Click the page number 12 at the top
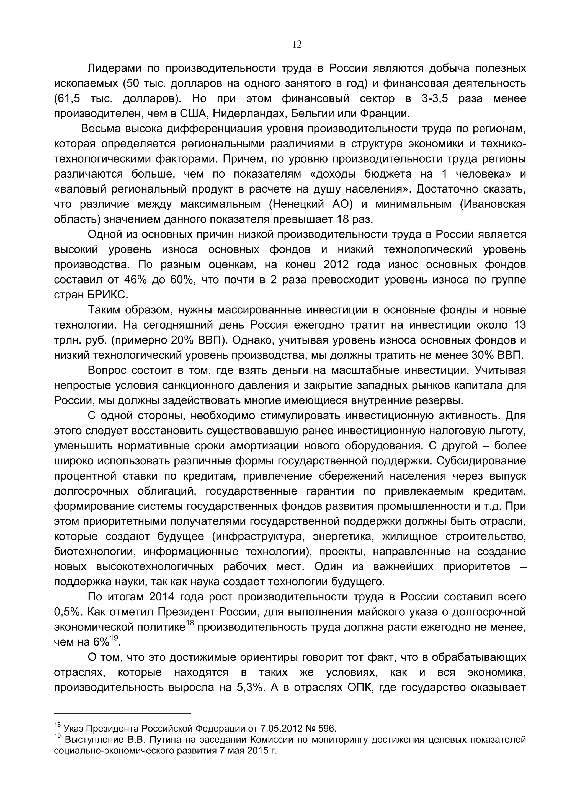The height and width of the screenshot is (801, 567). coord(297,45)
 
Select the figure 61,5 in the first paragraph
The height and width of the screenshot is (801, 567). coord(67,99)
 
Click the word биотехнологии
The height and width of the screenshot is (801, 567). coord(94,552)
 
